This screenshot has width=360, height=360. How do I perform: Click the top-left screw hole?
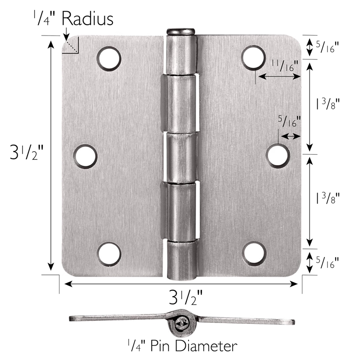[x=109, y=59]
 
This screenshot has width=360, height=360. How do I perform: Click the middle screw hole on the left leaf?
[x=85, y=157]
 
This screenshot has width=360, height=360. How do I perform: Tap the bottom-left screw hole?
[x=109, y=253]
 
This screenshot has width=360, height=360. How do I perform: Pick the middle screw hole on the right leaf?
[x=278, y=156]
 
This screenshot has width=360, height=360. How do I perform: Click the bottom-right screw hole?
[x=254, y=253]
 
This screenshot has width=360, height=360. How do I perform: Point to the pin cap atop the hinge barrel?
[x=181, y=31]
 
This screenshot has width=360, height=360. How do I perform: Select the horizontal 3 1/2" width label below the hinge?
[x=185, y=297]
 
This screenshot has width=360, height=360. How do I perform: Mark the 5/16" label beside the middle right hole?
[x=289, y=121]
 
